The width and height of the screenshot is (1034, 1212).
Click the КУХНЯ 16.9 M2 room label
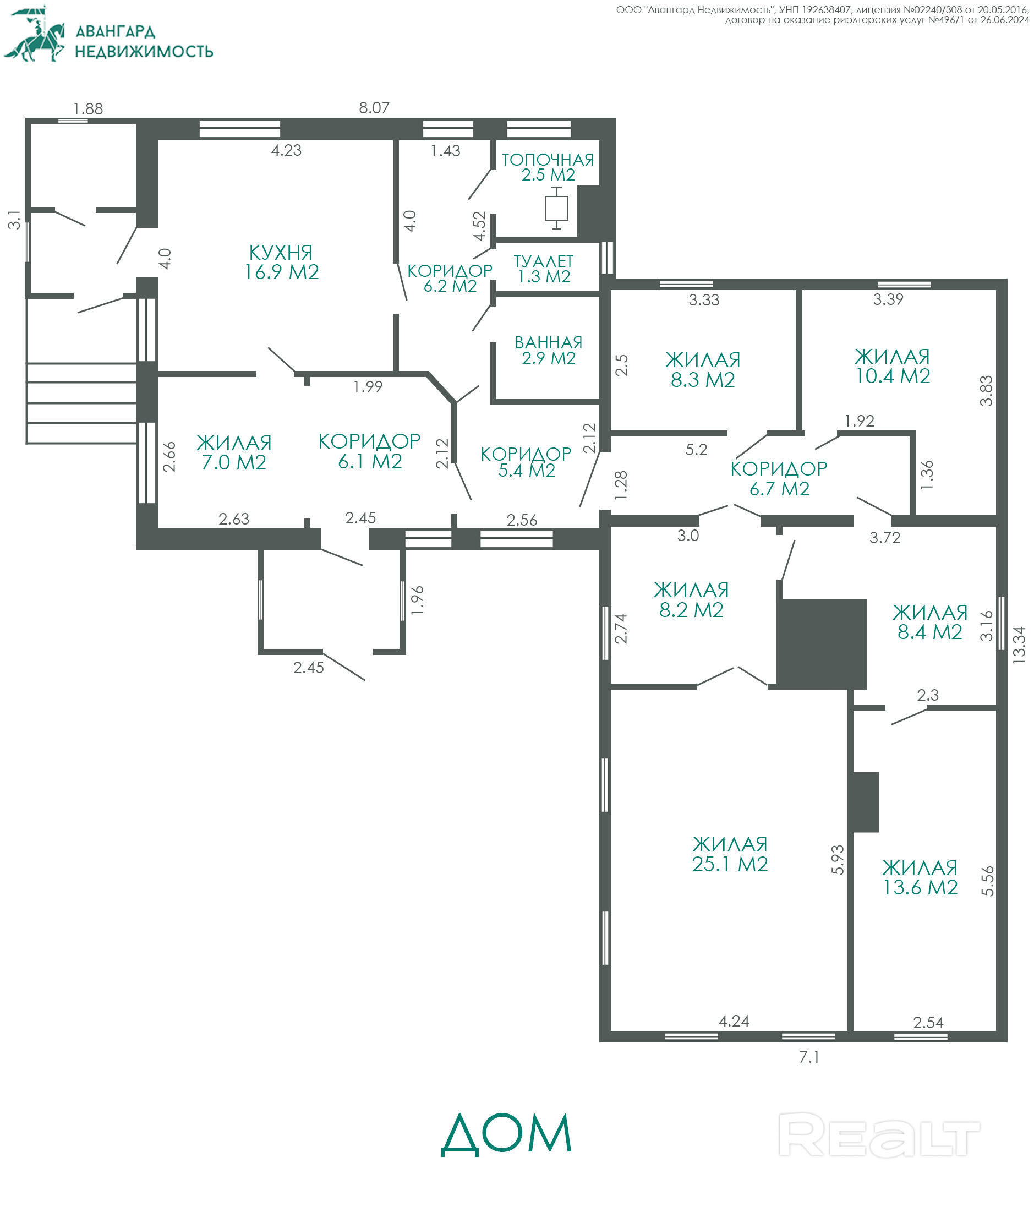[x=281, y=262]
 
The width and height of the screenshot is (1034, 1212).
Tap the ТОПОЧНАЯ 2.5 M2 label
[x=548, y=167]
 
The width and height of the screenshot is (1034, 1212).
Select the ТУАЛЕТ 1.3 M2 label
[x=543, y=269]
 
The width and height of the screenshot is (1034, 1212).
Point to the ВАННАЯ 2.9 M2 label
[x=549, y=350]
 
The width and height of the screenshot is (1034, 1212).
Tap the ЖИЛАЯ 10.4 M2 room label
[x=893, y=365]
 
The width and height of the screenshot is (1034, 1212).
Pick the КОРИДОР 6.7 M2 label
[x=779, y=478]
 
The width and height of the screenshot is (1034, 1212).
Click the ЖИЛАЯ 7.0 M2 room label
[x=234, y=452]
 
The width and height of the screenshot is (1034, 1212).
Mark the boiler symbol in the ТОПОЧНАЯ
[x=556, y=208]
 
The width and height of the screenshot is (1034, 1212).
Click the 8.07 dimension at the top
[x=374, y=108]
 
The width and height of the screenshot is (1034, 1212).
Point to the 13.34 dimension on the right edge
[x=1019, y=644]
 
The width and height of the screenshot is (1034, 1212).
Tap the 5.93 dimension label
[x=838, y=859]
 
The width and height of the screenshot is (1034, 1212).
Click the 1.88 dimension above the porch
[x=88, y=109]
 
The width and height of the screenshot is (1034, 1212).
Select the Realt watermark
[x=879, y=1135]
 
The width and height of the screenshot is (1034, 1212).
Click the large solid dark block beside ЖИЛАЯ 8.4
[x=821, y=643]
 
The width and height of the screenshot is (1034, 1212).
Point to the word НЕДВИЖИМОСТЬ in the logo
[x=144, y=52]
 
